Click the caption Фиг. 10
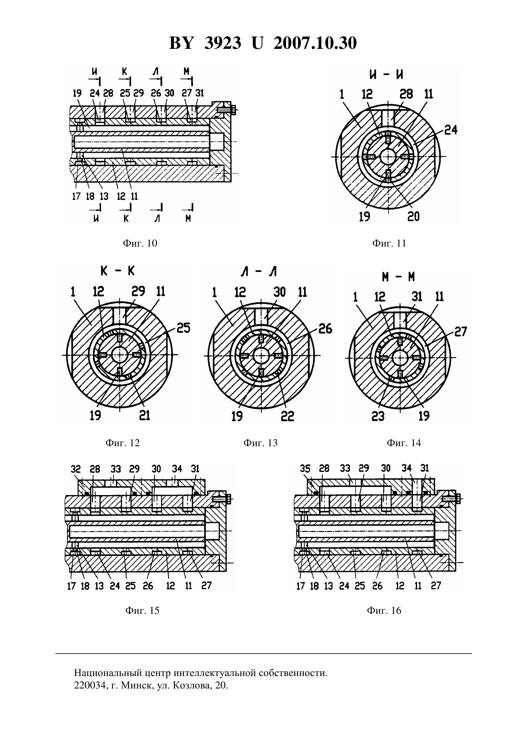click(140, 243)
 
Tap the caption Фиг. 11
click(389, 243)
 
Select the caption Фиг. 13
click(260, 443)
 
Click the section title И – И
click(386, 75)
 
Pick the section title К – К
click(118, 271)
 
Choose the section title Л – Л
click(259, 272)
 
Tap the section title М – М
click(398, 277)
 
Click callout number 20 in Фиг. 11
click(413, 217)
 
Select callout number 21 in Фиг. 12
click(145, 415)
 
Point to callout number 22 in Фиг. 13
click(287, 416)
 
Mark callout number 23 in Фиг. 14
click(378, 416)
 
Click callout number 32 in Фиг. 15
click(76, 469)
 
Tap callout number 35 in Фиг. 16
click(305, 469)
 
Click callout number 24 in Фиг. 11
click(451, 130)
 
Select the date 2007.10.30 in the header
click(315, 43)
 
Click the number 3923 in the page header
click(223, 43)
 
